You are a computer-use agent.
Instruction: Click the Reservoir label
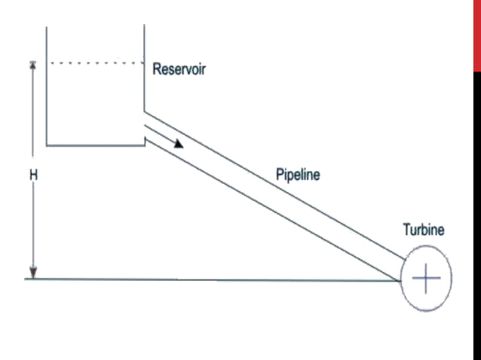179,70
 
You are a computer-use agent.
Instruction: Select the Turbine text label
423,230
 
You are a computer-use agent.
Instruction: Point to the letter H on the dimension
33,175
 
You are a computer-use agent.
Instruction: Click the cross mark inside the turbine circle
426,279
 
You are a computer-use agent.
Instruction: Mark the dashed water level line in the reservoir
94,63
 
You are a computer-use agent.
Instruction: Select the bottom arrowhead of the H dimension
33,273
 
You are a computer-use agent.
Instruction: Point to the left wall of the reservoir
47,90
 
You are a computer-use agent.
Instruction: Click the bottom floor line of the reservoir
94,145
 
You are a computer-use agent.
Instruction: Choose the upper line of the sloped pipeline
279,188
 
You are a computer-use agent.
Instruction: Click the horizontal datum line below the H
211,279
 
